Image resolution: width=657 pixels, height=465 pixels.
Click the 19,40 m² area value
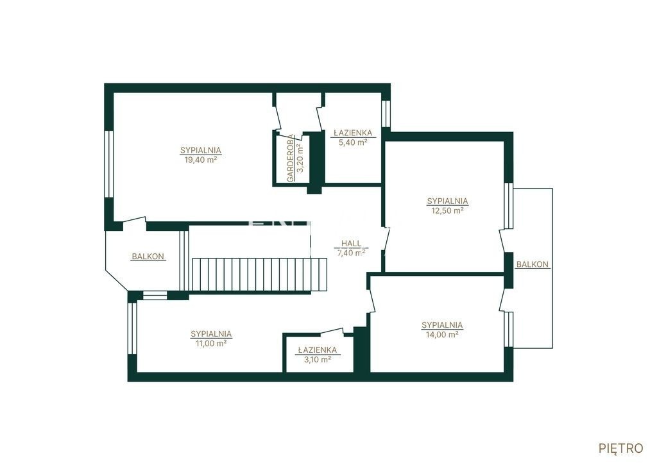coord(201,160)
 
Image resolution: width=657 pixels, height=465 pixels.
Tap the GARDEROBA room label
coord(291,158)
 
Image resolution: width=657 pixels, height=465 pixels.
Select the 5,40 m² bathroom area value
coord(353,142)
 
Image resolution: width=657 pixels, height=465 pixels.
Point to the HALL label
coord(351,243)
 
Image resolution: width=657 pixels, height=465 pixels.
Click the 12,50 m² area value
coord(447,211)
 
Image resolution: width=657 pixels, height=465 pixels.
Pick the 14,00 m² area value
coord(442,335)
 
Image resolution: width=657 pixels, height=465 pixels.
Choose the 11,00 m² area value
coord(211,344)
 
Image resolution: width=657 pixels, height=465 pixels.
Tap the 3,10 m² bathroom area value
coord(317,359)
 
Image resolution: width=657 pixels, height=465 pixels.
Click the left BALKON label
coord(148,257)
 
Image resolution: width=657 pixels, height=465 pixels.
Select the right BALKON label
coord(532,264)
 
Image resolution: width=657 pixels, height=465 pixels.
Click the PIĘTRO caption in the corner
coord(621,448)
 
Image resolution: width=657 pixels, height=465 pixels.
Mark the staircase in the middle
coord(259,275)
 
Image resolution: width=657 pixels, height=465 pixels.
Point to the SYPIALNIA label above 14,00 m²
coord(442,325)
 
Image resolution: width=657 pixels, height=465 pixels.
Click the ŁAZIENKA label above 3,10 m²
coord(317,350)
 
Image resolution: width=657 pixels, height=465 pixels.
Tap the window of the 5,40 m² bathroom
coord(386,114)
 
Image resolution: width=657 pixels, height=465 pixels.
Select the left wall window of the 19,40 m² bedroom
coord(109,164)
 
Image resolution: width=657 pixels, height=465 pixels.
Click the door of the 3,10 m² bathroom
coord(332,332)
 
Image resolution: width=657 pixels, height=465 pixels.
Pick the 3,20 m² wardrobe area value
coord(300,158)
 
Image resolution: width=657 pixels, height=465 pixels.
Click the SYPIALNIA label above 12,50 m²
coord(447,201)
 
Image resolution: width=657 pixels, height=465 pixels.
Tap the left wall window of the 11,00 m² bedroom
coord(132,328)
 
